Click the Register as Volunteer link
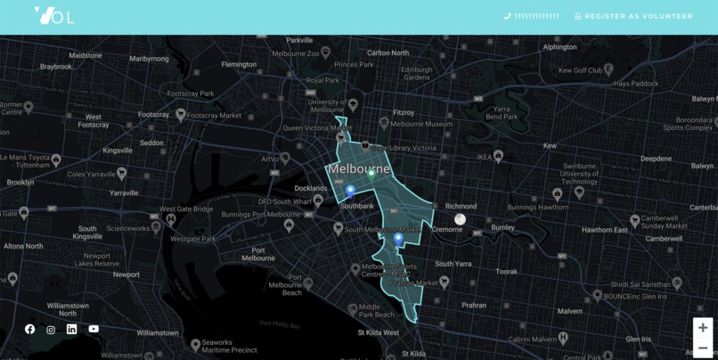pos(633,16)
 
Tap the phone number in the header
pos(532,16)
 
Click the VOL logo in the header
pos(53,15)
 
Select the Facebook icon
pos(30,329)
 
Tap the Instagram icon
pos(51,330)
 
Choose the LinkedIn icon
pos(72,329)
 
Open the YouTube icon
pos(94,329)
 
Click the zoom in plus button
pos(703,328)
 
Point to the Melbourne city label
pos(359,168)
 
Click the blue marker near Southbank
pos(350,192)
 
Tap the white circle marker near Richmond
pos(460,219)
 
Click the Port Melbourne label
pos(258,254)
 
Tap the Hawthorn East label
pos(605,230)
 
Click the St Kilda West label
pos(379,332)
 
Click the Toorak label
pos(506,271)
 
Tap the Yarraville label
pos(124,192)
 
